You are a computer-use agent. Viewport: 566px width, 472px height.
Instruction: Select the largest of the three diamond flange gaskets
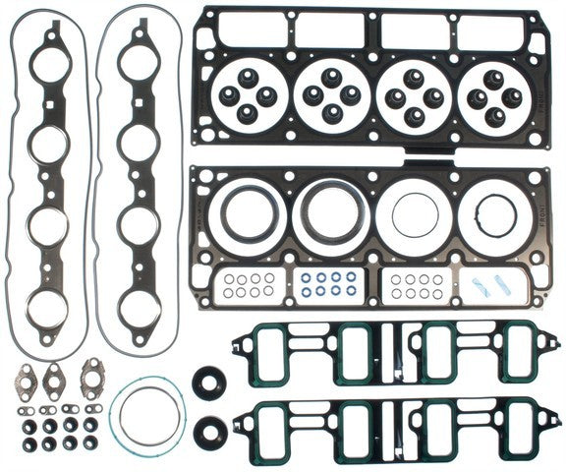point(92,374)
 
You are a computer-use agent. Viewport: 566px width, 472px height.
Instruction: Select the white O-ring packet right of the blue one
point(413,285)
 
